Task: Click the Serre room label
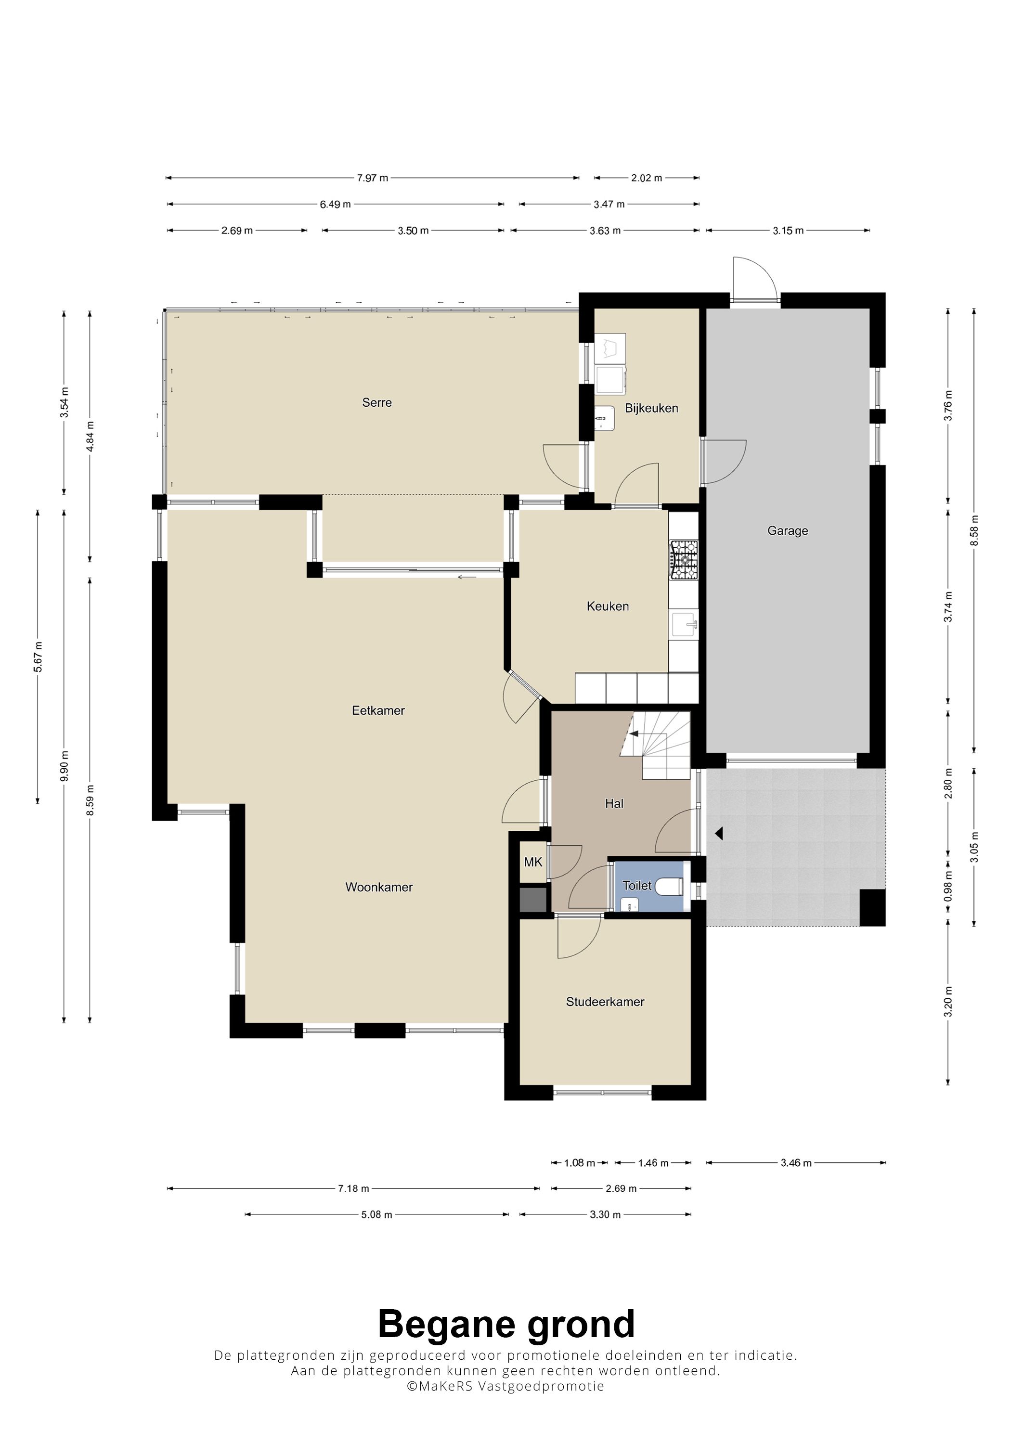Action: (377, 402)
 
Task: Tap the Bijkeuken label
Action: (651, 408)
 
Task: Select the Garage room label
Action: (787, 530)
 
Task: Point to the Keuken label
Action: (608, 606)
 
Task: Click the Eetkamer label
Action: (378, 710)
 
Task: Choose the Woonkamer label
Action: (379, 887)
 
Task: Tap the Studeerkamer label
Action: (605, 1002)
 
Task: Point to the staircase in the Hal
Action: (655, 745)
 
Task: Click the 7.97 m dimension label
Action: (373, 178)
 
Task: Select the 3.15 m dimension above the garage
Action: (788, 231)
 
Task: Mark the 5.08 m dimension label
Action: (377, 1214)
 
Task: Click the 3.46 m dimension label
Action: (796, 1163)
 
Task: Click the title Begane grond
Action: (506, 1324)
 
